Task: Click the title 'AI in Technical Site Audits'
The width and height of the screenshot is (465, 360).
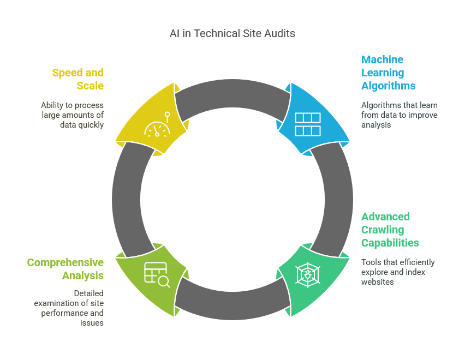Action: click(232, 33)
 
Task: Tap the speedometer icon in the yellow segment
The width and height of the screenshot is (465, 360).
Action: click(158, 124)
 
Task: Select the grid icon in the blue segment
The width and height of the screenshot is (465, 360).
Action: click(307, 124)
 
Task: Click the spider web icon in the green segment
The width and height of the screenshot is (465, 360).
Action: click(308, 275)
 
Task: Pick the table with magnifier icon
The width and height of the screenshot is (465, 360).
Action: click(157, 275)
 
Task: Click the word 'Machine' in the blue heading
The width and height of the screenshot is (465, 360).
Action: click(382, 59)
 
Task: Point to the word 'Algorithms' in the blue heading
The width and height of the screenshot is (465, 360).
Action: click(388, 86)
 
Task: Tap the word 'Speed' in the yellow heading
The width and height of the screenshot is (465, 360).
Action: click(68, 73)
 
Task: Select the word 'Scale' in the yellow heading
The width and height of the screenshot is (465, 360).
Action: click(90, 86)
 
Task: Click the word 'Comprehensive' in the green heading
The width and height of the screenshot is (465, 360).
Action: click(65, 262)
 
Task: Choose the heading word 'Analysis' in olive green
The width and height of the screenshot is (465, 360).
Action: click(83, 275)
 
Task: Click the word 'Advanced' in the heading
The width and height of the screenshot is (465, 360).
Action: click(385, 217)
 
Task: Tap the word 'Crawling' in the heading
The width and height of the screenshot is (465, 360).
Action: click(383, 230)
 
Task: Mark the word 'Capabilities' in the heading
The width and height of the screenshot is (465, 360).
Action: click(390, 243)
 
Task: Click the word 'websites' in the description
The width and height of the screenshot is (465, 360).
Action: click(377, 282)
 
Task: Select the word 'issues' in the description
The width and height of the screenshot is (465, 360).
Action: click(92, 323)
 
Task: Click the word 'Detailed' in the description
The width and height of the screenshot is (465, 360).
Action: click(88, 293)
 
